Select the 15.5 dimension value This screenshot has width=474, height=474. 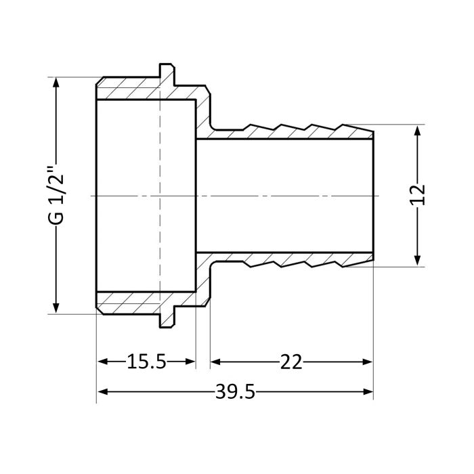point(146,362)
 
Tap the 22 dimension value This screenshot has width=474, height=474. point(291,362)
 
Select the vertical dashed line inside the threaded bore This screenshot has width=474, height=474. point(160,196)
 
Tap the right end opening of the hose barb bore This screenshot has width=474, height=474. point(373,196)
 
